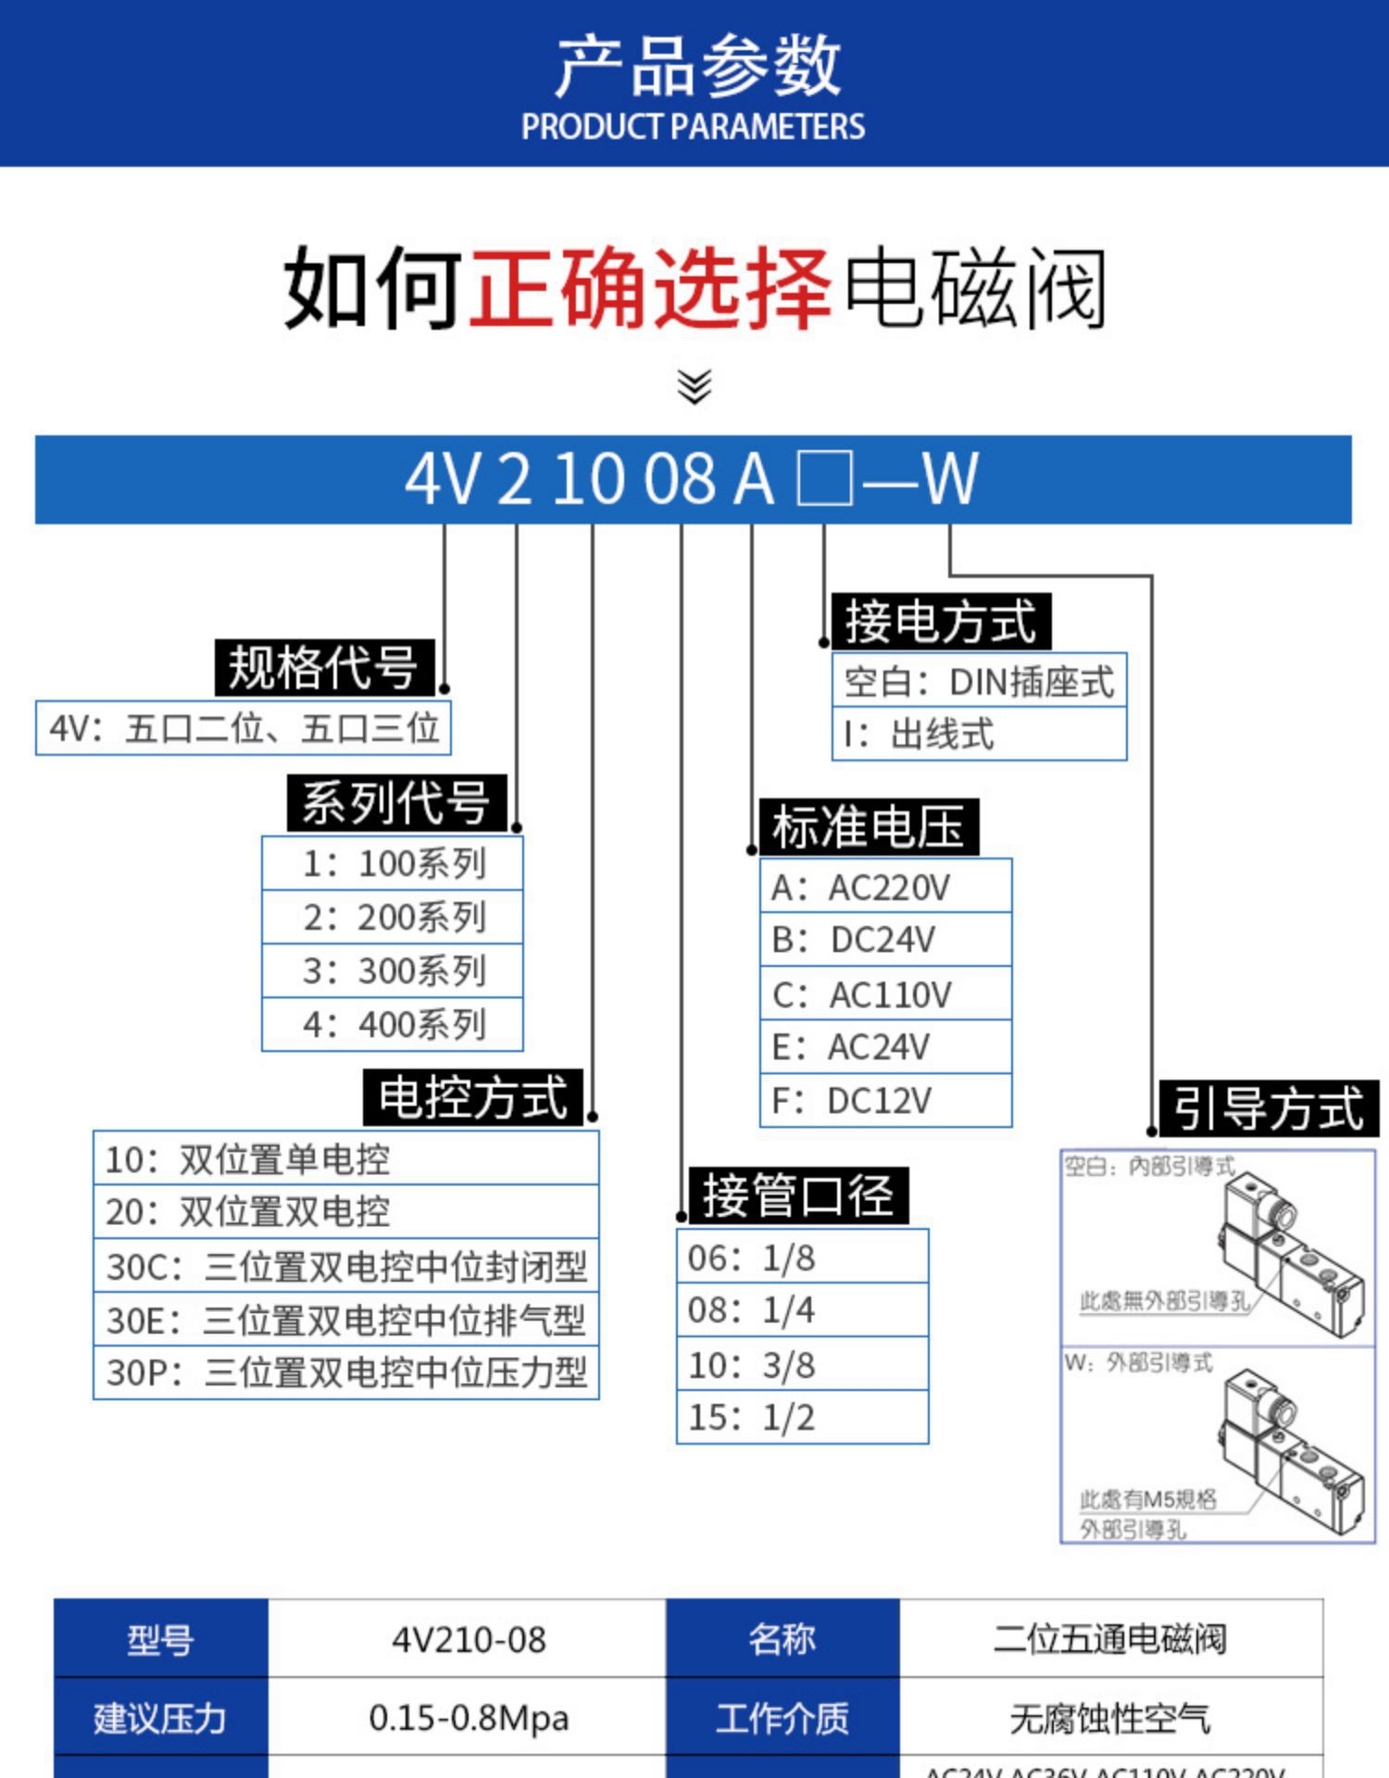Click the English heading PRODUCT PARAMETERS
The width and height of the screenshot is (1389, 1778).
pos(693,127)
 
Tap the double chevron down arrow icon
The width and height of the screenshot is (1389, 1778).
pos(694,386)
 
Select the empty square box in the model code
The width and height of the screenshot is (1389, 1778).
pos(824,480)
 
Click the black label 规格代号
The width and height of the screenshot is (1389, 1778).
pos(323,667)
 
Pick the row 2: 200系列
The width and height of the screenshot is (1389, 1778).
pos(393,917)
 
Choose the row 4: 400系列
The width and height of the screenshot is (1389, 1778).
pos(393,1024)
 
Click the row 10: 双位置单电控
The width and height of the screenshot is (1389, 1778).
pos(345,1158)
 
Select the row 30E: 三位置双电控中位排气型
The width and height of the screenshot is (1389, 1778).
pos(345,1320)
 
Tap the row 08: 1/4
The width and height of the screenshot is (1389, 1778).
pos(802,1309)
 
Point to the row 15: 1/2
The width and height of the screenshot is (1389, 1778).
pos(802,1417)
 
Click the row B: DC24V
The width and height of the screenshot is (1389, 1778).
pos(885,939)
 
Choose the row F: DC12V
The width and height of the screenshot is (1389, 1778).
pos(885,1100)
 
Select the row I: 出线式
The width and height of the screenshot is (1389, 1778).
pos(979,734)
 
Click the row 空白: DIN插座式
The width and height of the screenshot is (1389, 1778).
pos(979,682)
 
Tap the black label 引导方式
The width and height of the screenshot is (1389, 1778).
pos(1269,1108)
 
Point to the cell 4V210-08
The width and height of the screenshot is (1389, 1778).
pos(468,1639)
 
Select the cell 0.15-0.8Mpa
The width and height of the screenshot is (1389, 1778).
pos(468,1718)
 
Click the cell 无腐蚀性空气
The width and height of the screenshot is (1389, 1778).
pos(1110,1718)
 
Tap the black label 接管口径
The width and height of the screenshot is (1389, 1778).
pos(797,1195)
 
